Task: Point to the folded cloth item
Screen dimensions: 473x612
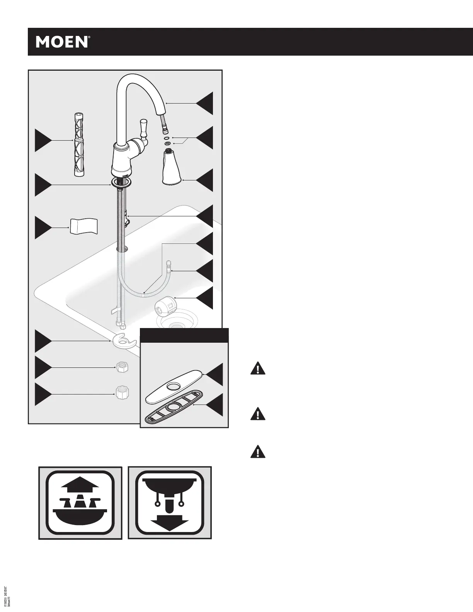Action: click(83, 226)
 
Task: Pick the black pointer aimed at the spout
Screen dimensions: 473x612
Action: click(204, 104)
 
